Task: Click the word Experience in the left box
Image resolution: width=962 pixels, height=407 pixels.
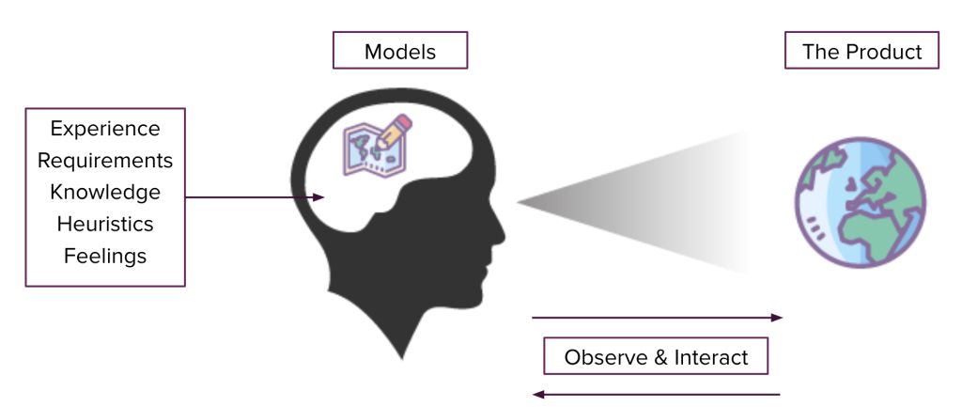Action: pos(105,129)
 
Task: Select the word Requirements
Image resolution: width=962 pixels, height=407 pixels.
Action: pos(105,161)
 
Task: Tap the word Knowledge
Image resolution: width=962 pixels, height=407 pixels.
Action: pos(105,193)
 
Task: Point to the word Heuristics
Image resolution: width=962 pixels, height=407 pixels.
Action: pos(105,224)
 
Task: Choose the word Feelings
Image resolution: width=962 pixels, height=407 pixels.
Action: pos(105,255)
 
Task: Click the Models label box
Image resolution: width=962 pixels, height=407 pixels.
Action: pos(400,51)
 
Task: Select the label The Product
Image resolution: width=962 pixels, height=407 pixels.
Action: pos(861,51)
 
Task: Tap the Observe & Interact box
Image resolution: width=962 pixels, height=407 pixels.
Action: pos(656,357)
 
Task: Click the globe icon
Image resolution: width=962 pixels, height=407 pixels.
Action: pos(861,203)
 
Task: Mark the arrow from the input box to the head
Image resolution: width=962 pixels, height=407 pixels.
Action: pos(254,197)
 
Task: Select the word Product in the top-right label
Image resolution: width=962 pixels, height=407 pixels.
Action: pos(887,51)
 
